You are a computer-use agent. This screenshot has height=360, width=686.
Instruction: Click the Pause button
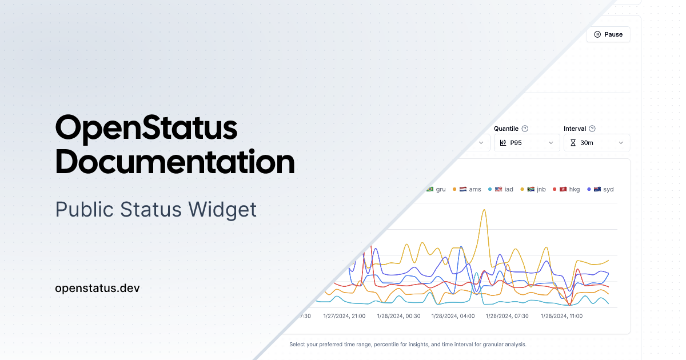coord(608,34)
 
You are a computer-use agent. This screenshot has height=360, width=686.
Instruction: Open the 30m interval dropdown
coord(597,143)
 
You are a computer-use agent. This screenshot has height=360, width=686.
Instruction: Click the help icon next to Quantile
coord(525,129)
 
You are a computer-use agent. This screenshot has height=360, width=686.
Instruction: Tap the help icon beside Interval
coord(592,129)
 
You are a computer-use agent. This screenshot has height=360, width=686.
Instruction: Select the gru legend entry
coord(437,189)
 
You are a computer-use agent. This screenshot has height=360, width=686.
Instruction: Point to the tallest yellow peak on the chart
coord(484,210)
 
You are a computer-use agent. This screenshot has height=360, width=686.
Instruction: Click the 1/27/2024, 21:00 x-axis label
coord(344,316)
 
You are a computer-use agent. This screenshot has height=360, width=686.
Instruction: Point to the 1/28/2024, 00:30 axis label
coord(398,316)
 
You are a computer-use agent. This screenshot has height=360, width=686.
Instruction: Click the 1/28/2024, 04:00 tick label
coord(453,316)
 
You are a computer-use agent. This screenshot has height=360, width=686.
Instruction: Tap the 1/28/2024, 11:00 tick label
coord(561,316)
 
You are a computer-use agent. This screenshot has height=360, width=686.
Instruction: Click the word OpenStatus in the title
coord(146,127)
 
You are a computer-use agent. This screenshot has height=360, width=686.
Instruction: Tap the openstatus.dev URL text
coord(97,288)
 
